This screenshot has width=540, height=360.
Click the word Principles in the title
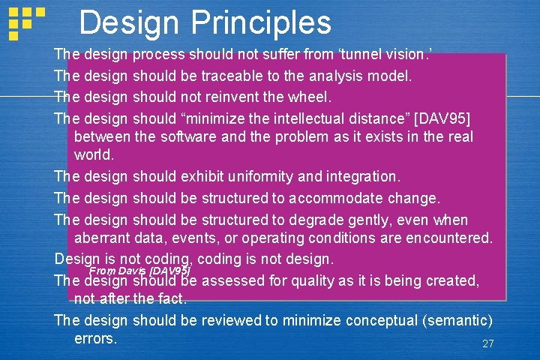tap(261, 22)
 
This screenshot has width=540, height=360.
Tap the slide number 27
tap(488, 343)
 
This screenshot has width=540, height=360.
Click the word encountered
tap(445, 238)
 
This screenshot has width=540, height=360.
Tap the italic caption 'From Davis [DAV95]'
tap(139, 270)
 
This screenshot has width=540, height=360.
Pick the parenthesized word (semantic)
tap(457, 320)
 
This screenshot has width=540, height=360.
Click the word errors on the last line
tap(96, 338)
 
